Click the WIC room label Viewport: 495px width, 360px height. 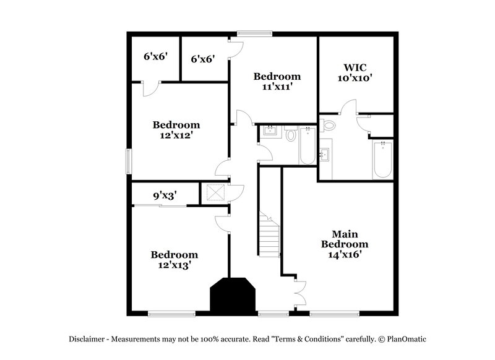(x=355, y=67)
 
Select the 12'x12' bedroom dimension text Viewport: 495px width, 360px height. (x=176, y=135)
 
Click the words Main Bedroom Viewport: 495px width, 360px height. (x=345, y=239)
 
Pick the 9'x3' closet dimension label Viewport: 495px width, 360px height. (x=165, y=195)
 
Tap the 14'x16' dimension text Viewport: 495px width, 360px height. (x=345, y=254)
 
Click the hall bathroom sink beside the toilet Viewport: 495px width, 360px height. (x=270, y=131)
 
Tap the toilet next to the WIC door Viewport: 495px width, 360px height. (x=329, y=126)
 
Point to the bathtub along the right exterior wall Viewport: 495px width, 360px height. (x=383, y=159)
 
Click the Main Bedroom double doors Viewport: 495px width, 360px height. (x=301, y=292)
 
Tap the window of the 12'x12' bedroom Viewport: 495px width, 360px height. (x=129, y=161)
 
